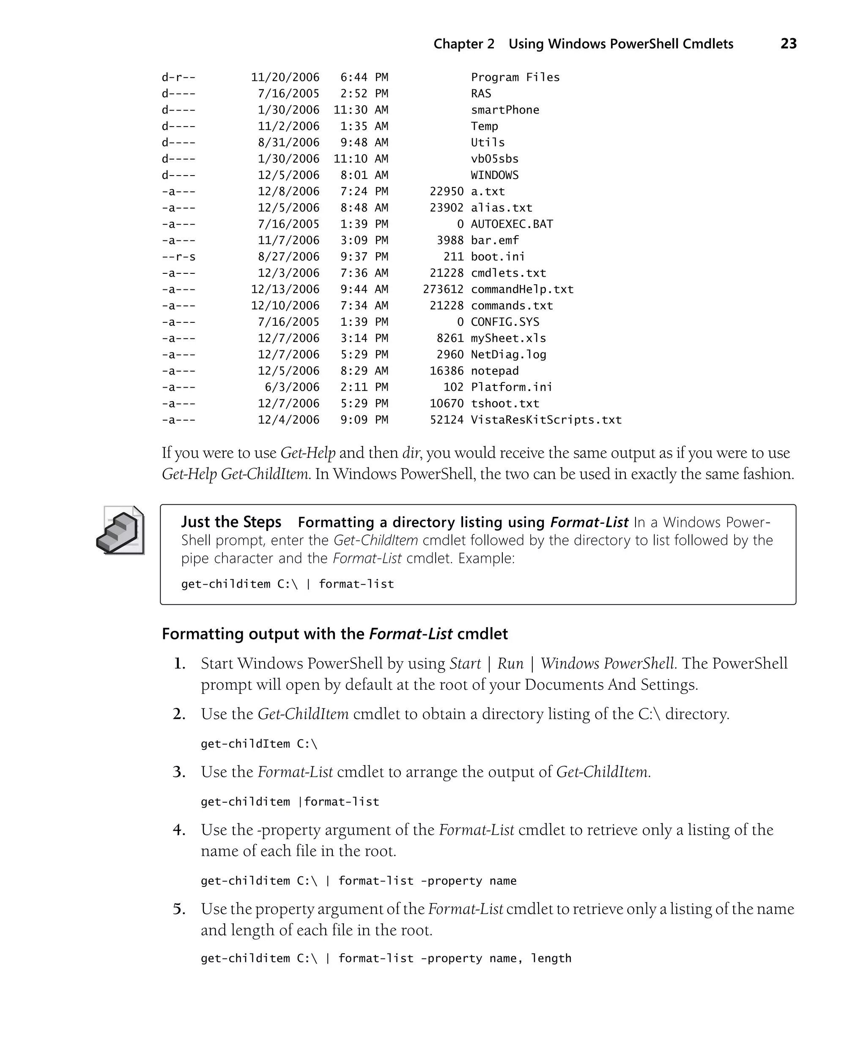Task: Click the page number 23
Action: click(788, 44)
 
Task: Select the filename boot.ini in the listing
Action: click(497, 256)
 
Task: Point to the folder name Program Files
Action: click(515, 77)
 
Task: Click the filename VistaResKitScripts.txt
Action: click(546, 420)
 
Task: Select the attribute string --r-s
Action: click(178, 256)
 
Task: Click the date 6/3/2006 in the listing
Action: click(292, 387)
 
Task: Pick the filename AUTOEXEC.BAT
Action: click(511, 224)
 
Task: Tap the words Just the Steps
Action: click(231, 522)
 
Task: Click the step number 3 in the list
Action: click(180, 772)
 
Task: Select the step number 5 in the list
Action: click(180, 909)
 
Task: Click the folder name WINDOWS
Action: click(494, 175)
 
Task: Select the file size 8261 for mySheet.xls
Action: click(450, 339)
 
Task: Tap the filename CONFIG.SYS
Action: click(504, 322)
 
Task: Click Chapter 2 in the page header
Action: click(463, 44)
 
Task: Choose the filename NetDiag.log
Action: click(508, 355)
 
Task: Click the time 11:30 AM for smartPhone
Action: click(361, 110)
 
